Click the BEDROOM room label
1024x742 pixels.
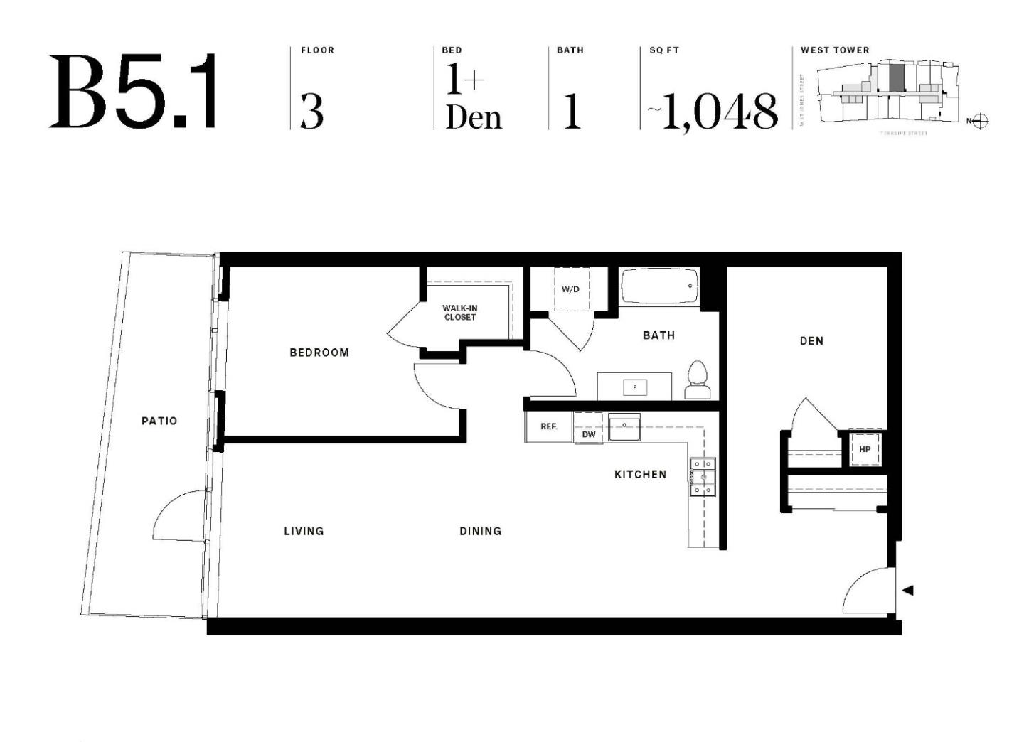319,353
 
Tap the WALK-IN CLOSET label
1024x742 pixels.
460,313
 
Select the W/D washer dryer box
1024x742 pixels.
570,289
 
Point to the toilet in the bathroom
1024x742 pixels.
698,380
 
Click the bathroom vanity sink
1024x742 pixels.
634,387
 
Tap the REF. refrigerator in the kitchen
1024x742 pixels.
548,427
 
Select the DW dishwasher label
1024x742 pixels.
589,434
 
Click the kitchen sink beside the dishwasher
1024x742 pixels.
624,427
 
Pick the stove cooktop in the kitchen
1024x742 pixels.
702,477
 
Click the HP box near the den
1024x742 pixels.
865,449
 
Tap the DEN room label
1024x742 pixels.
811,341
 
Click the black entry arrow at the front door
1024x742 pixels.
907,590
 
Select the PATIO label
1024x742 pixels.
159,421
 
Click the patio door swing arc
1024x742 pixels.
178,515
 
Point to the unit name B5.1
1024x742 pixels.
133,92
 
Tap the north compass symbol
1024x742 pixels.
979,121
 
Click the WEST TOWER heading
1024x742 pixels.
835,50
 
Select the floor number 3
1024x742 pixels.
311,111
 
